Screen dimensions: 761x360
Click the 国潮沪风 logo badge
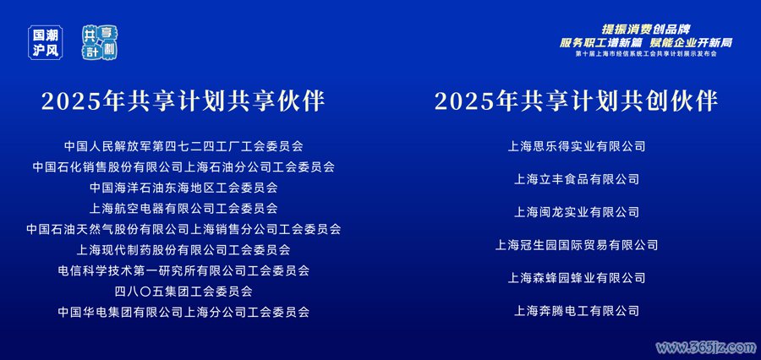(x=46, y=43)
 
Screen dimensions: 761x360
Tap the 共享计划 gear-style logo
(x=101, y=43)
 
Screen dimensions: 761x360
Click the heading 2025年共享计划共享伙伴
(x=183, y=101)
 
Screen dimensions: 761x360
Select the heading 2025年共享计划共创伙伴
(x=576, y=101)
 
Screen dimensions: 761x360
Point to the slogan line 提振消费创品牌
(x=646, y=30)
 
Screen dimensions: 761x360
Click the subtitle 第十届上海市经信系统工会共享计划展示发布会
(x=646, y=54)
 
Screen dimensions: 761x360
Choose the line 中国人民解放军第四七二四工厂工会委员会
(x=183, y=145)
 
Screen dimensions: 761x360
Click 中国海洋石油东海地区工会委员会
(x=183, y=188)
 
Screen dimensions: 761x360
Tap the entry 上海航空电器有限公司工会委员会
(x=183, y=208)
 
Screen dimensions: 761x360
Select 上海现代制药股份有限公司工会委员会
(x=183, y=250)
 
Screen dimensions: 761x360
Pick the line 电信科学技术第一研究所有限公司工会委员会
(x=183, y=270)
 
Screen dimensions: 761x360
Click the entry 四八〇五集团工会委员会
(x=183, y=292)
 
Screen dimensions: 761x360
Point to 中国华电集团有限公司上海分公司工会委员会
(x=183, y=312)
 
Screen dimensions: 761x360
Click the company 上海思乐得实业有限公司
(x=577, y=146)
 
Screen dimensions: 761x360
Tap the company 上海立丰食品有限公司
(x=577, y=179)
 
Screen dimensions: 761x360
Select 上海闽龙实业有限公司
(x=577, y=212)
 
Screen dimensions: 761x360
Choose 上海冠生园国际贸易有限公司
(x=577, y=245)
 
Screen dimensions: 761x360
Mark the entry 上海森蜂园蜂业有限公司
(x=577, y=278)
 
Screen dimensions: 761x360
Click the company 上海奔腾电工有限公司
(x=577, y=311)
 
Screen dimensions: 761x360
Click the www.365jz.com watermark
(x=706, y=347)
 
